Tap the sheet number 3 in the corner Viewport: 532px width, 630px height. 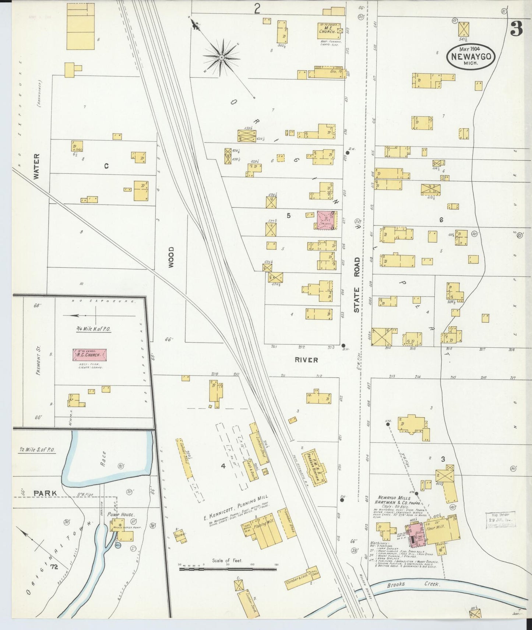(x=516, y=29)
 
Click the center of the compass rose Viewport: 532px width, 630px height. (x=222, y=57)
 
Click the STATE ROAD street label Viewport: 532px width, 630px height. (x=357, y=285)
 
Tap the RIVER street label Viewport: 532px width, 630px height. (x=306, y=360)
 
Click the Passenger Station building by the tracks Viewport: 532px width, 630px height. (x=314, y=467)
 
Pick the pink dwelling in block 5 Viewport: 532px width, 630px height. (x=325, y=221)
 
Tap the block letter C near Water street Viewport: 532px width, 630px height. (x=106, y=166)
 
